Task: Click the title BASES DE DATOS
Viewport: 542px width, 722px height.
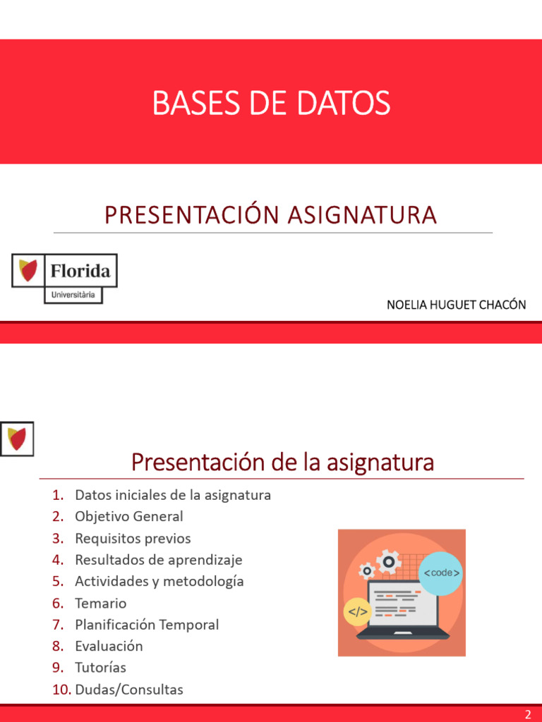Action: (x=271, y=104)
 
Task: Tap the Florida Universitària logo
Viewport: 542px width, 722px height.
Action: (x=64, y=279)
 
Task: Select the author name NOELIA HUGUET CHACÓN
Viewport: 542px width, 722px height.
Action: (x=456, y=305)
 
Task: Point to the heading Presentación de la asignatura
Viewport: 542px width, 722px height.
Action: (x=282, y=463)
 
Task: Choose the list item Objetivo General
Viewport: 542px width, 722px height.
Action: (x=129, y=516)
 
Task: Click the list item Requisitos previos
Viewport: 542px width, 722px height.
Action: (x=133, y=538)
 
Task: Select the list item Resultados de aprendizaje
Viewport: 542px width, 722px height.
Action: (x=158, y=560)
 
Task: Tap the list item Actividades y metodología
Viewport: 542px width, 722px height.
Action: (x=159, y=581)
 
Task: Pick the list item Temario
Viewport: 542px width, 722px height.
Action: (x=101, y=603)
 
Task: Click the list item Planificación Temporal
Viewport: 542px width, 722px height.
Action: (x=147, y=625)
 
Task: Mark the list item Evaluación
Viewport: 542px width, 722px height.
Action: (x=109, y=646)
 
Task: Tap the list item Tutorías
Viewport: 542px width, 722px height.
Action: (x=100, y=667)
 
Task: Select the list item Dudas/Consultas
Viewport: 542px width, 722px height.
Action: (x=129, y=690)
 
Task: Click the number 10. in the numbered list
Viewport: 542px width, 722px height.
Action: (x=62, y=690)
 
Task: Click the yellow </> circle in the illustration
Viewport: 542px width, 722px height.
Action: (x=358, y=612)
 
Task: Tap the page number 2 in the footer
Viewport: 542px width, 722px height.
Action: (x=528, y=714)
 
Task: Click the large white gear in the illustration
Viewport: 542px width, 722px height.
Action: (x=388, y=562)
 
